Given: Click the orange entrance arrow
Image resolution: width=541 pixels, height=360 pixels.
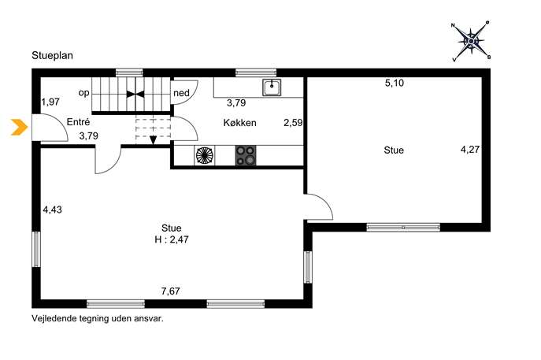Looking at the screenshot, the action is coord(20,127).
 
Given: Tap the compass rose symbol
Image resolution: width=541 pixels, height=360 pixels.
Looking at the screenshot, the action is coord(471,42).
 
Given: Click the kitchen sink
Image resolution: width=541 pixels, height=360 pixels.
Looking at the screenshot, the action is coord(272,87).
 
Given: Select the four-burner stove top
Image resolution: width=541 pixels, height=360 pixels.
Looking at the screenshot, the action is coord(246,155).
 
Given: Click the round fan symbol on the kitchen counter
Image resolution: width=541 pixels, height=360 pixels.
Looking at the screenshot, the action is coord(205,155).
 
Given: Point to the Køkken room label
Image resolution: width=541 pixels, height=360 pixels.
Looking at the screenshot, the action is coord(240,123).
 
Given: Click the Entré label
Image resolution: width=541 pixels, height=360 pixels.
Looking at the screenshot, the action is coord(78,122).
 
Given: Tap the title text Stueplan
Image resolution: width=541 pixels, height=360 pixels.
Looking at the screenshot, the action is coord(53,56).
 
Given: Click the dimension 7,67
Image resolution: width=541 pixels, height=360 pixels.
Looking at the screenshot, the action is coord(170,291).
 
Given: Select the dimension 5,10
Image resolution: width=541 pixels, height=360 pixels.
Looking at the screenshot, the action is coord(395,84).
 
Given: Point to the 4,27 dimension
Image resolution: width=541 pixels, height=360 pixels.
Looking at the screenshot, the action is coord(470,150).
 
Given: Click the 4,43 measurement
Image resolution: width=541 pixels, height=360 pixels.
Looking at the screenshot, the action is coord(53,210).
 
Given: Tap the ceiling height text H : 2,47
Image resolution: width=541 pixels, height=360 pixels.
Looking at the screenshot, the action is coord(172,239).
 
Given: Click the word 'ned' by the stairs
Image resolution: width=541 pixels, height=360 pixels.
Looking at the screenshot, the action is coord(181,93).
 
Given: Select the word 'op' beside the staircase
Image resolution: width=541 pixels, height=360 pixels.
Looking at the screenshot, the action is coord(83,93).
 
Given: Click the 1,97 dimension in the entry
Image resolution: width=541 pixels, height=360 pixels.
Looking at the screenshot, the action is coord(50,102).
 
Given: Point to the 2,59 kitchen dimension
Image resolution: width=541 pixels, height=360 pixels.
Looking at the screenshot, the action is coord(293,123).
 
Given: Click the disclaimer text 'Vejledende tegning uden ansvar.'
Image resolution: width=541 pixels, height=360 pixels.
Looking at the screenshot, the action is coord(98,318).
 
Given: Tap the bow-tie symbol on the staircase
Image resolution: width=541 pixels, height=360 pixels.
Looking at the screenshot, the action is coord(135,94).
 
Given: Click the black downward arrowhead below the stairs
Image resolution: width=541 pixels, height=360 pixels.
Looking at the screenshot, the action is coord(154,140).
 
